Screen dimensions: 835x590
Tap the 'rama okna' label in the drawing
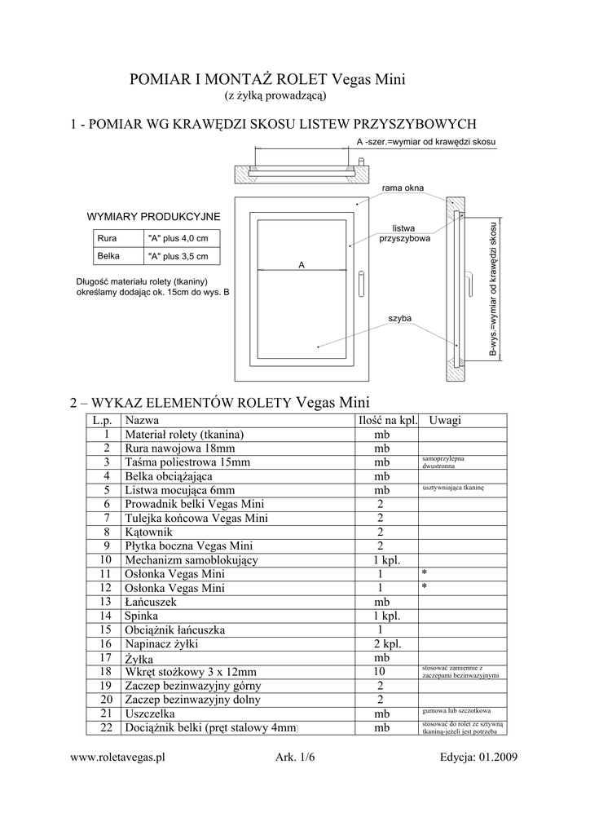[x=403, y=188]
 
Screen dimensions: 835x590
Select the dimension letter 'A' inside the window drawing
[x=301, y=265]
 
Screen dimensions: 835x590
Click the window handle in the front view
[x=360, y=285]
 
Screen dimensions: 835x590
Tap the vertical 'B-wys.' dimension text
[x=492, y=290]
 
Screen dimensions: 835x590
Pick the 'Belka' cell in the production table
[x=108, y=255]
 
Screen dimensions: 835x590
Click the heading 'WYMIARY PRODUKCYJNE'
[x=153, y=216]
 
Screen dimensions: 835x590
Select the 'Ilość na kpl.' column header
[x=388, y=420]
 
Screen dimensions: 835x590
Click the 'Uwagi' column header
[x=445, y=420]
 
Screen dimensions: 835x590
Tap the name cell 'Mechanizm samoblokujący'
[x=192, y=560]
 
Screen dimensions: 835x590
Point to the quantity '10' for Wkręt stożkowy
[x=379, y=671]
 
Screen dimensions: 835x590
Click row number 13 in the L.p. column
[x=104, y=601]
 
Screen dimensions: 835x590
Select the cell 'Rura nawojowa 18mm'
[x=179, y=448]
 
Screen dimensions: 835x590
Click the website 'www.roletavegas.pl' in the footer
[x=118, y=757]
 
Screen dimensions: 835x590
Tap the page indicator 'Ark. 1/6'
[x=295, y=757]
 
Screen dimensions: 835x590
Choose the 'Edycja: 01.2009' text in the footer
[x=478, y=757]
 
